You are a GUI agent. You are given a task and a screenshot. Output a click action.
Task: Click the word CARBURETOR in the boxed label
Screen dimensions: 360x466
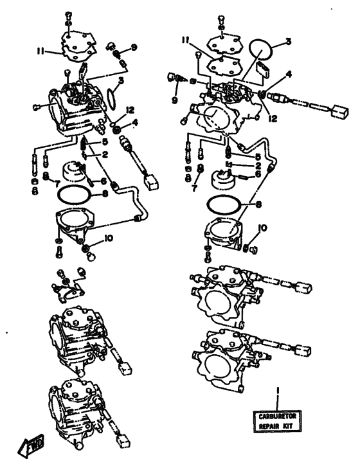tap(277, 417)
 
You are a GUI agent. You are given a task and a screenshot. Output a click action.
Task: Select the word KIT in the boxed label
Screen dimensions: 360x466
tap(287, 426)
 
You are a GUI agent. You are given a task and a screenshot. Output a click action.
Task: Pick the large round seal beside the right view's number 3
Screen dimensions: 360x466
tap(261, 50)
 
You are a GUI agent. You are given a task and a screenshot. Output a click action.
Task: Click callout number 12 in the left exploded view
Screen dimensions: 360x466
tap(130, 111)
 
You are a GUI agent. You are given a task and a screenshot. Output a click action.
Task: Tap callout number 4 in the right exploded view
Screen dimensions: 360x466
tap(289, 75)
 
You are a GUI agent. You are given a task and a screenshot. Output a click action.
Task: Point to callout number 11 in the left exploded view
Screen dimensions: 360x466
tap(40, 51)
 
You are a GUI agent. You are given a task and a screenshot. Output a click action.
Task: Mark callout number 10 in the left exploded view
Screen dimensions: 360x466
tap(109, 238)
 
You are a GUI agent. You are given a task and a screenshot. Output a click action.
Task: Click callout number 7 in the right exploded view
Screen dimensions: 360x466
tap(195, 188)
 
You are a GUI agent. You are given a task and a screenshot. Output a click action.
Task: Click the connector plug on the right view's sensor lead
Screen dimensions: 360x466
tap(340, 111)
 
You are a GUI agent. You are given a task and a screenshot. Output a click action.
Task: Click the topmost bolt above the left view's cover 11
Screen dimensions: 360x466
tap(68, 14)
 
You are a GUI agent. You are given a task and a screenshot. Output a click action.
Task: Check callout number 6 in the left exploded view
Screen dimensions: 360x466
tap(104, 180)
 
